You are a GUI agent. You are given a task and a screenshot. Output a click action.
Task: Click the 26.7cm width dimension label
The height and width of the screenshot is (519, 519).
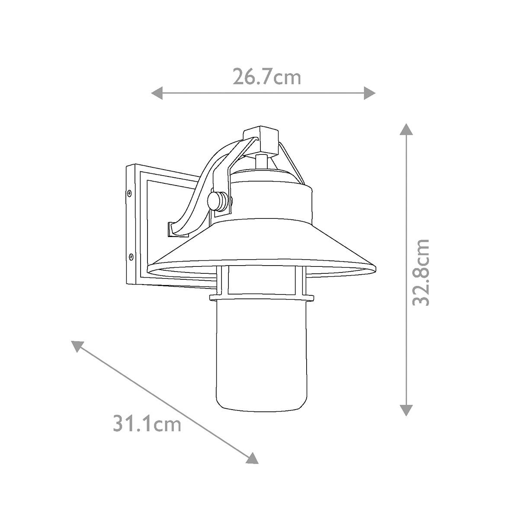266,77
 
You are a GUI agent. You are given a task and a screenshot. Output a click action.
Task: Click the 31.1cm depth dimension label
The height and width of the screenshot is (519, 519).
147,424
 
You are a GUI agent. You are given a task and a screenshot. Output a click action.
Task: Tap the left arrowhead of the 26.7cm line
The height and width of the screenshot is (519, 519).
156,93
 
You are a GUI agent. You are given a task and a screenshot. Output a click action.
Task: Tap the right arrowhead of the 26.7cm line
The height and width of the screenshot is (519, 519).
370,93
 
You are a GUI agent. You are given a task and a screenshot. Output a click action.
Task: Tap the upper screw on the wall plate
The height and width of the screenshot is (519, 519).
129,193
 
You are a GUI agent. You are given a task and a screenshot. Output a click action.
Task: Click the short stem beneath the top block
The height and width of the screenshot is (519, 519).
261,161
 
